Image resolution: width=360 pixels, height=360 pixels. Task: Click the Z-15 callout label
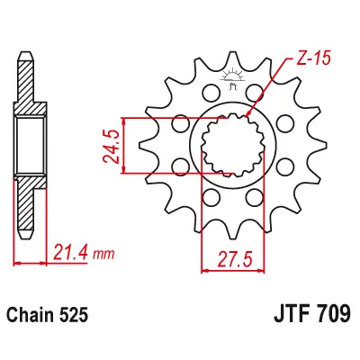coord(312,59)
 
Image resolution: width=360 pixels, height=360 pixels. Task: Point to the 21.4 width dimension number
coord(70,253)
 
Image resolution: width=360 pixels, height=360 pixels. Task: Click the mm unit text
coord(103,255)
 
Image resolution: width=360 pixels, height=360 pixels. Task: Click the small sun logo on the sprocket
coord(232,79)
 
